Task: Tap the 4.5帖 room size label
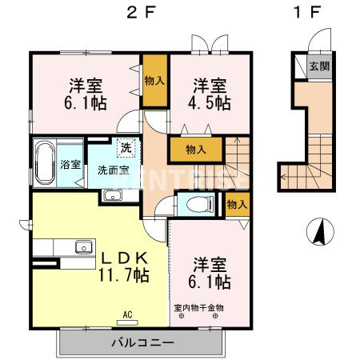pyautogui.click(x=211, y=95)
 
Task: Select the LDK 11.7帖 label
pyautogui.click(x=123, y=266)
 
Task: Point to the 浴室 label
pyautogui.click(x=70, y=165)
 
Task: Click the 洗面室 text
pyautogui.click(x=112, y=170)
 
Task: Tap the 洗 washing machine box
pyautogui.click(x=126, y=147)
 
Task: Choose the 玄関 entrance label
pyautogui.click(x=318, y=66)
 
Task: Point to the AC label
pyautogui.click(x=126, y=314)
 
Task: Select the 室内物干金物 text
pyautogui.click(x=198, y=307)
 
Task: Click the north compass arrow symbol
pyautogui.click(x=318, y=231)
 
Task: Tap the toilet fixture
pyautogui.click(x=194, y=203)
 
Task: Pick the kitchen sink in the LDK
pyautogui.click(x=83, y=246)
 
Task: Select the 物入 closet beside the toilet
pyautogui.click(x=235, y=205)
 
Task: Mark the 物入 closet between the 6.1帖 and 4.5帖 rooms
pyautogui.click(x=154, y=80)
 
